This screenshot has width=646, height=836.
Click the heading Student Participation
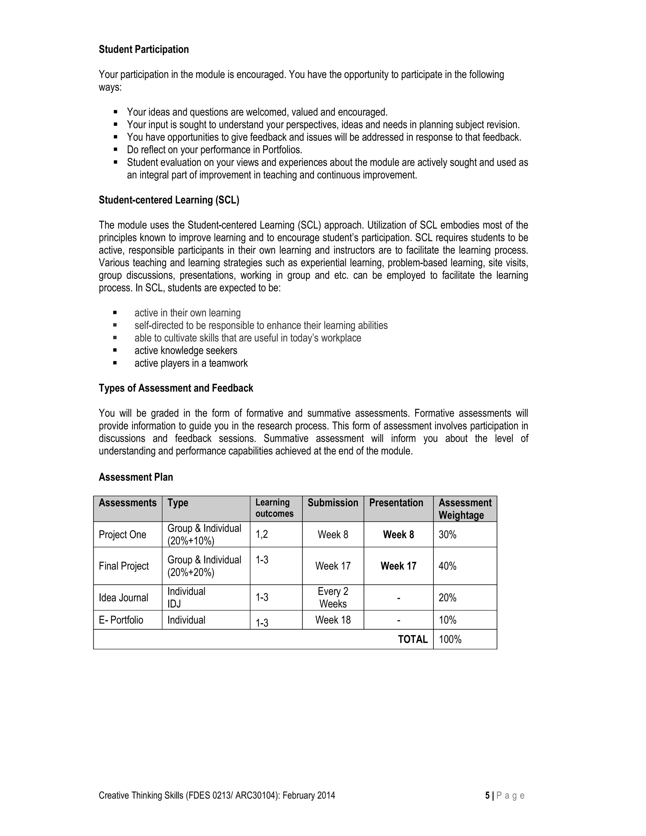144,50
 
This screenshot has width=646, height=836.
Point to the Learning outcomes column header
274,508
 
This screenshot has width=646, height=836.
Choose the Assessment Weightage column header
465,509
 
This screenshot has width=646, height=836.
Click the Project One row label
122,535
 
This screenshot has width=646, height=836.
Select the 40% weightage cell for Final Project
447,566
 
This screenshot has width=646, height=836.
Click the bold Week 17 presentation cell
398,566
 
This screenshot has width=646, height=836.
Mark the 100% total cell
450,640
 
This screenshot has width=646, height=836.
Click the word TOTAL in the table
413,640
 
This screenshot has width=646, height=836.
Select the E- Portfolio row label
121,620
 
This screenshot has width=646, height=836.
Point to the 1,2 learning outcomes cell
262,535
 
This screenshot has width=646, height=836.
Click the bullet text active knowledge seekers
185,350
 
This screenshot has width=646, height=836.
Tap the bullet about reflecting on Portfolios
214,150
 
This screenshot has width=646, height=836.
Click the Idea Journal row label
123,598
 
